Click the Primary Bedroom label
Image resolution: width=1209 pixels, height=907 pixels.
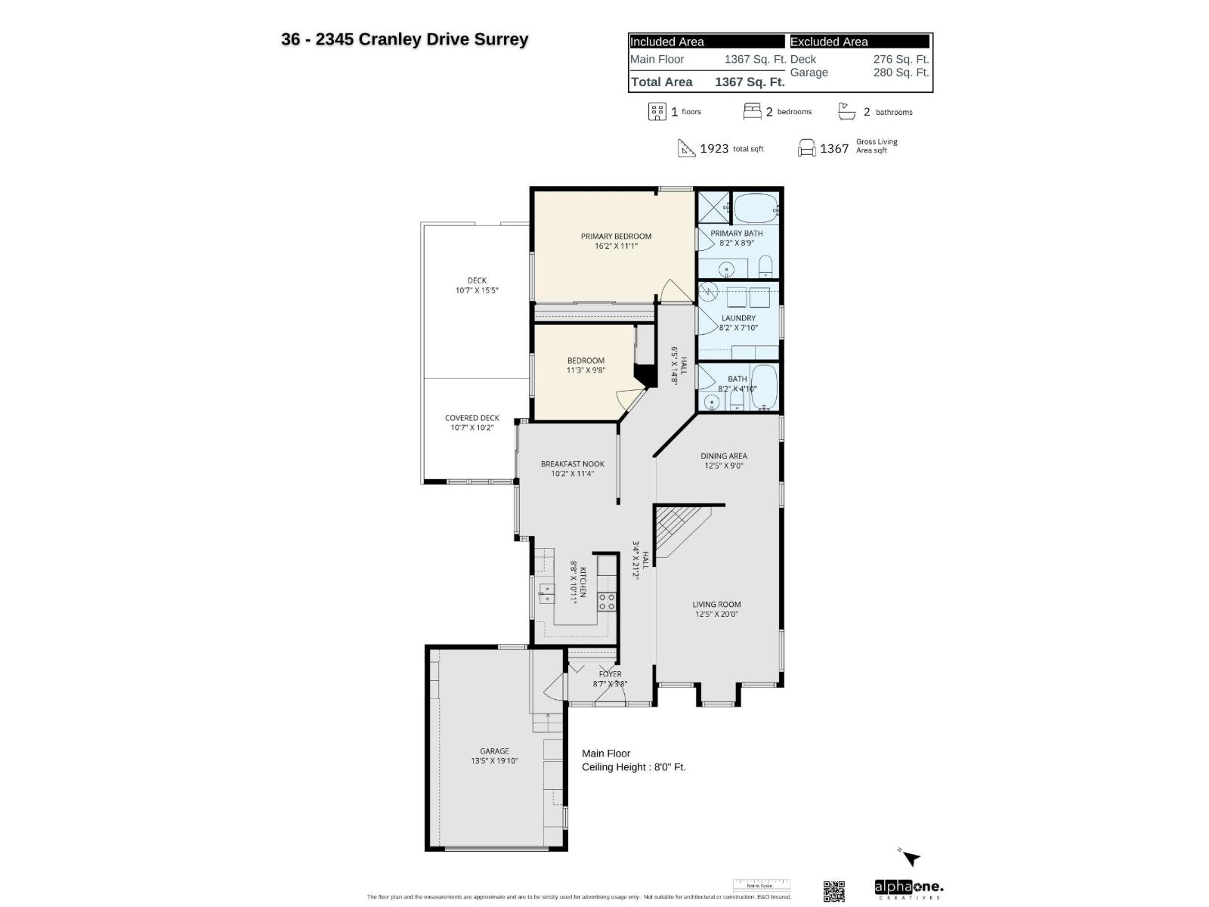click(616, 236)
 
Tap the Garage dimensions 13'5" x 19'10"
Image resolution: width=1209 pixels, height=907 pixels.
click(494, 761)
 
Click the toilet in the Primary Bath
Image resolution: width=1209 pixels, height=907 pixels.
click(765, 265)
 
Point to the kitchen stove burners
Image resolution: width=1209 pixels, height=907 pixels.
click(607, 602)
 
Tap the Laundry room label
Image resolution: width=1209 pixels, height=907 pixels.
click(738, 318)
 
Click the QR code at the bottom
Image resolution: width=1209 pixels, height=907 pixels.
click(833, 890)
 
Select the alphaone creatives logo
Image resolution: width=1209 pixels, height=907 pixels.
click(908, 889)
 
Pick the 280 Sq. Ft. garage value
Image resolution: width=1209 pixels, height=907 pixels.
click(901, 73)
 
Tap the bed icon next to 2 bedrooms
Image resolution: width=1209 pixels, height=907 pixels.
click(752, 112)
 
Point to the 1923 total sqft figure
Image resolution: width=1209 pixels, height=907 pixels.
click(714, 148)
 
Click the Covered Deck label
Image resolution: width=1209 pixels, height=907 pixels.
click(472, 417)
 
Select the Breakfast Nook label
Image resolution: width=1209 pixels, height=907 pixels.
click(572, 464)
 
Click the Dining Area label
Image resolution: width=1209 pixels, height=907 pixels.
click(723, 456)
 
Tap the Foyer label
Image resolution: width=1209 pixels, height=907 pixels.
click(610, 674)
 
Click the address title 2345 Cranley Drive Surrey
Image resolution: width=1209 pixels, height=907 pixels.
click(405, 39)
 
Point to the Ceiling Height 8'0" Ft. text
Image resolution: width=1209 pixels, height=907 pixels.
click(633, 767)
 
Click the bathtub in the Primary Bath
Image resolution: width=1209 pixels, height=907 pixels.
click(756, 206)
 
